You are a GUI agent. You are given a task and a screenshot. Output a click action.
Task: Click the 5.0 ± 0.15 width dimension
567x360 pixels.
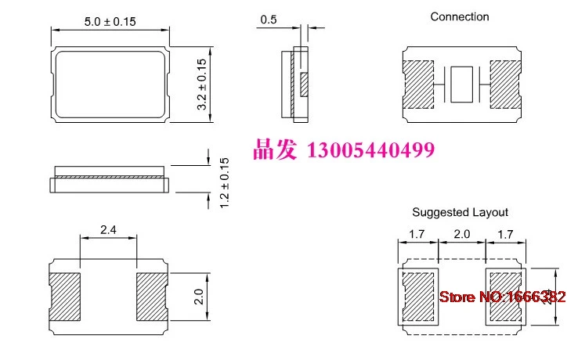point(110,21)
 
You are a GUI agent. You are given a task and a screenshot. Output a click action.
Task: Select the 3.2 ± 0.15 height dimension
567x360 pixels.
point(201,84)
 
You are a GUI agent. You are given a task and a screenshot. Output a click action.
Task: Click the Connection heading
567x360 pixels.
point(460,16)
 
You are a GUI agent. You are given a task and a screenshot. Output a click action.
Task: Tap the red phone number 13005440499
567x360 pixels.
point(372,149)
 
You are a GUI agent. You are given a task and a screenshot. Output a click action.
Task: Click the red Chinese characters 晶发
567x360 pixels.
point(274,149)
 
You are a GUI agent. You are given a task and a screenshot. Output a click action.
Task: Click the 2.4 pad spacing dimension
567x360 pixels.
point(109,229)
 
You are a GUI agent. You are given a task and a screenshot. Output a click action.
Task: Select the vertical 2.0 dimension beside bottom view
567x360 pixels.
point(199,296)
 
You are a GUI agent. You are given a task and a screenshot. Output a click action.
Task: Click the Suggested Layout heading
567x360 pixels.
point(460,212)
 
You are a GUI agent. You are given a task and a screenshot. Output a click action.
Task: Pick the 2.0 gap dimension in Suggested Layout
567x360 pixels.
point(462,233)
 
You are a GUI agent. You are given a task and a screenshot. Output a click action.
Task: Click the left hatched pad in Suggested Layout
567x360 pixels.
point(419,296)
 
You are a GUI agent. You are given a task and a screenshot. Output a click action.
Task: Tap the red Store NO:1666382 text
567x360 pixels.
point(501,297)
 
